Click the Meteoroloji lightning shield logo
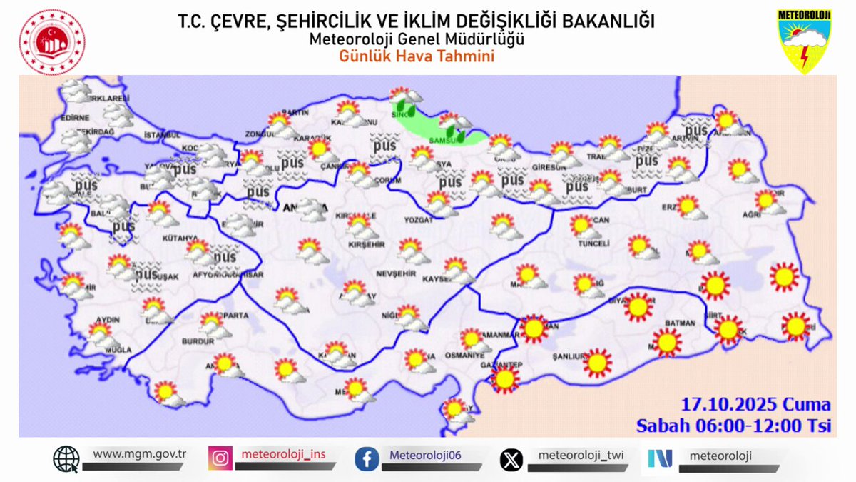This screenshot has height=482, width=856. tap(805, 41)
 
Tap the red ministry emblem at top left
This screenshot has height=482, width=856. tap(51, 42)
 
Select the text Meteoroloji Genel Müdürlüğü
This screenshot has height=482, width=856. tap(417, 39)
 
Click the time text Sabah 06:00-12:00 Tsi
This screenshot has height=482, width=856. tap(734, 426)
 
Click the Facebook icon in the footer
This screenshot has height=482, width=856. tap(367, 458)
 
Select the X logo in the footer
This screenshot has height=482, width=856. tap(511, 458)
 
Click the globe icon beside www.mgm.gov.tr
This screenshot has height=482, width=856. tap(66, 458)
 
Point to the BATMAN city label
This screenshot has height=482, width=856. tap(679, 323)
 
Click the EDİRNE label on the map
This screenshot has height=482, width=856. tap(75, 118)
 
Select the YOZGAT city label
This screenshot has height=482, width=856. tap(419, 221)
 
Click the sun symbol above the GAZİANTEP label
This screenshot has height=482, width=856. tap(506, 379)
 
